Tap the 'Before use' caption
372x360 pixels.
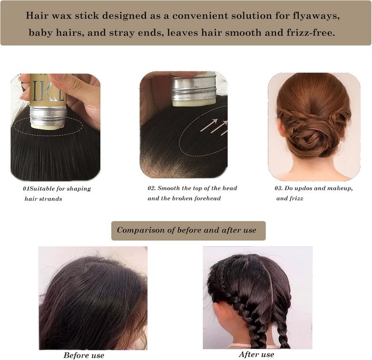coord(84,355)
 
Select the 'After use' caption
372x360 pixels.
coord(256,354)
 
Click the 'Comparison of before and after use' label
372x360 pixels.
coord(186,230)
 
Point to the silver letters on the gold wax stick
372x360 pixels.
coord(48,91)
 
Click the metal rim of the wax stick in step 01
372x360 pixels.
coord(48,116)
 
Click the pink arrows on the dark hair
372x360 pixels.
coord(214,127)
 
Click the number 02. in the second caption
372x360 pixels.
coord(152,188)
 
